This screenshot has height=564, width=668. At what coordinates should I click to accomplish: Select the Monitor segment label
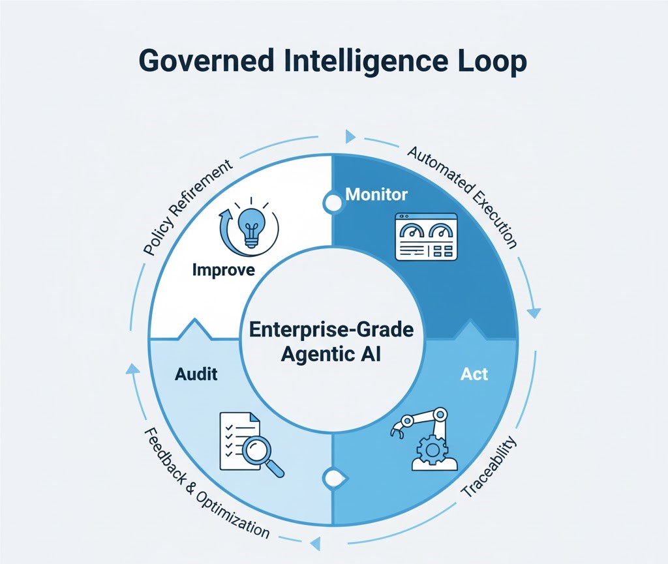point(376,194)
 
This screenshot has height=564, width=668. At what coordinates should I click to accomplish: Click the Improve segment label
point(224,270)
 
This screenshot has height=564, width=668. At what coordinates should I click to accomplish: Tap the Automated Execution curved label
point(464,196)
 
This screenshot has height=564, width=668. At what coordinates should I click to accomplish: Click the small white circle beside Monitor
point(333,203)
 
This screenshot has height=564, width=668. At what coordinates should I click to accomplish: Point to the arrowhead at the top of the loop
point(350,136)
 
